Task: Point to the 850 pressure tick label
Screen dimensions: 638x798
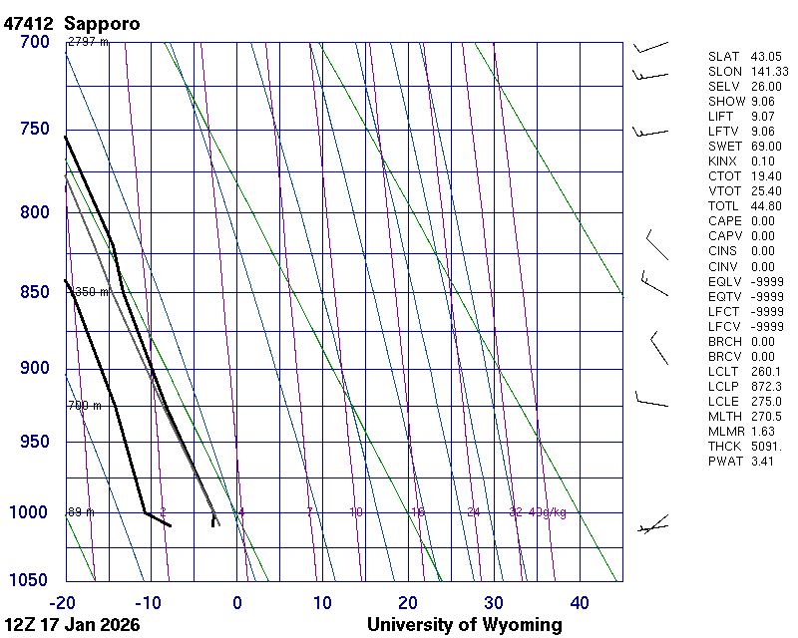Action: tap(34, 292)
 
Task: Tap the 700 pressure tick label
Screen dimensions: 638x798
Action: tap(34, 42)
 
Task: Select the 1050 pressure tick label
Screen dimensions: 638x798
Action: tap(30, 581)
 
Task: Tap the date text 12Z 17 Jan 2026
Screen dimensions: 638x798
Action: tap(72, 625)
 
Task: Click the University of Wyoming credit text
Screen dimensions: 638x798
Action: tap(464, 625)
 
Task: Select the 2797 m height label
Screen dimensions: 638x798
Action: tap(88, 42)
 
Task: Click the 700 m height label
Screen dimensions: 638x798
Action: tap(85, 406)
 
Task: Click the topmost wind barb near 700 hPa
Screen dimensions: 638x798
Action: tap(649, 47)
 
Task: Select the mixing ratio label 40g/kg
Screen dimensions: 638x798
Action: tap(549, 512)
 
